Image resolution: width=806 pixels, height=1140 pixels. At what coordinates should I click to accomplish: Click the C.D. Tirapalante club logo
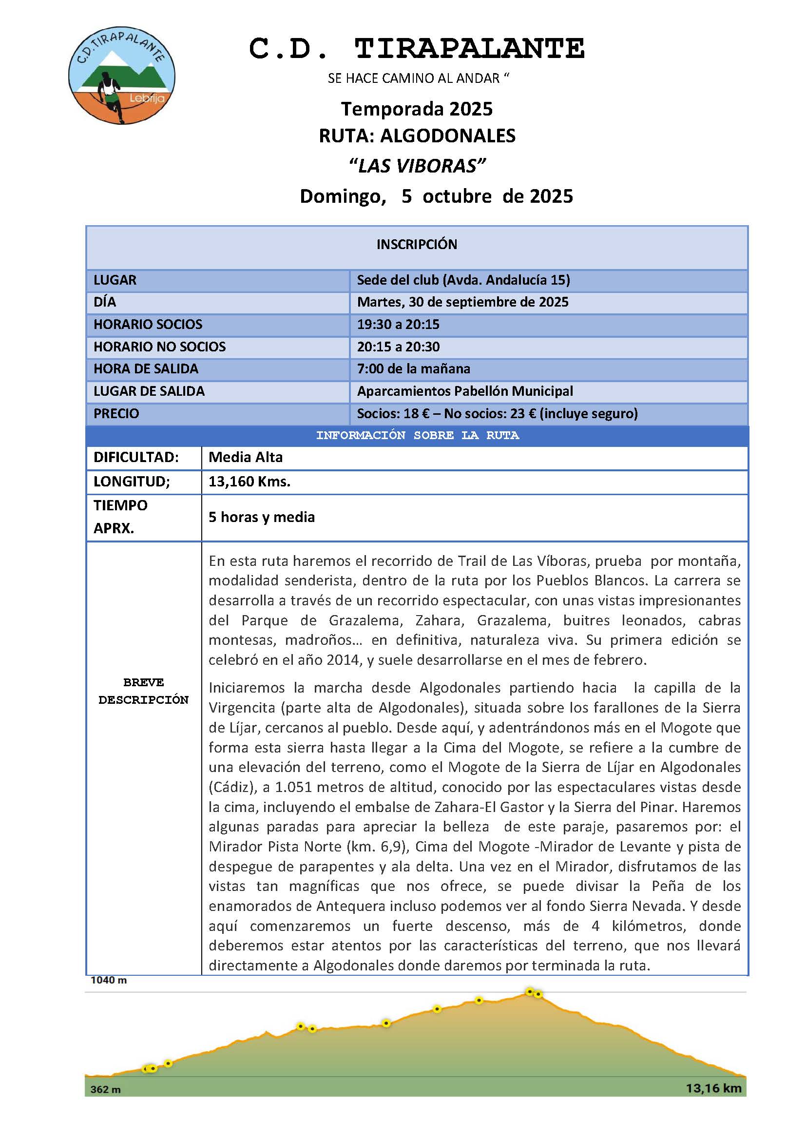pos(122,76)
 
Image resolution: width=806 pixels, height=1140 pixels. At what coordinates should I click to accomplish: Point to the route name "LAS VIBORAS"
pos(417,165)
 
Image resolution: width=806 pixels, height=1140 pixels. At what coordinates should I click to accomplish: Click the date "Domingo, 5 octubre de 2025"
pos(436,196)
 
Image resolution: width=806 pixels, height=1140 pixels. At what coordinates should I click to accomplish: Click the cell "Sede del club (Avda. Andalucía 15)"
pos(463,280)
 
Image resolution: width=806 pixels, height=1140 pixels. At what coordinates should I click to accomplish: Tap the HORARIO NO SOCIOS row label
pos(159,347)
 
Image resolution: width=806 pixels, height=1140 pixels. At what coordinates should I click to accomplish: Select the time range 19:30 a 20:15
pos(398,324)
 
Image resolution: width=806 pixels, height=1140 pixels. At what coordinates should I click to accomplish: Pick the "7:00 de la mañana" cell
pos(413,368)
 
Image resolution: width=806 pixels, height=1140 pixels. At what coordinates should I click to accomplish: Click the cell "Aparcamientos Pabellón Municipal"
pos(465,391)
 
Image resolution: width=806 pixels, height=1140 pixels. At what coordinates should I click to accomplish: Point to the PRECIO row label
pos(116,414)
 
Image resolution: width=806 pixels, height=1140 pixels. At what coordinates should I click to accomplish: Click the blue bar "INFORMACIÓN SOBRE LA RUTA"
pos(418,435)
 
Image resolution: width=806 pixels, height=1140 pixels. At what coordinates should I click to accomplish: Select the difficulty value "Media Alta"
pos(245,457)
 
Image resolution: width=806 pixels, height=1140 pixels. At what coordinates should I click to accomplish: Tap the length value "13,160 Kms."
pos(249,482)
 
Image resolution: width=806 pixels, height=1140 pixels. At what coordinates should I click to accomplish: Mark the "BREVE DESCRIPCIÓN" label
pos(143,691)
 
